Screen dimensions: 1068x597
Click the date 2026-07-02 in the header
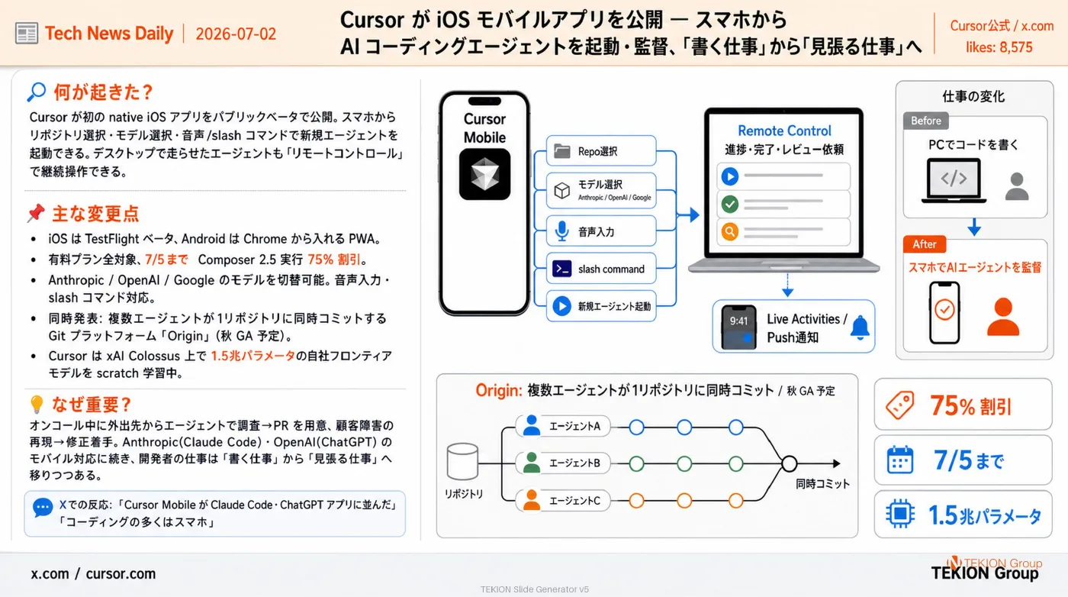236,34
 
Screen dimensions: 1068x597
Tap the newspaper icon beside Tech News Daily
26,34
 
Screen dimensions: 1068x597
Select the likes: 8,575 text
999,47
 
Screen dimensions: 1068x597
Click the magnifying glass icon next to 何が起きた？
37,92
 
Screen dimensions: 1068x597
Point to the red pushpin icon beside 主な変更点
37,213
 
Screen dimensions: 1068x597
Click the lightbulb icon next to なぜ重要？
37,405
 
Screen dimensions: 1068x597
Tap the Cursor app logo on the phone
484,174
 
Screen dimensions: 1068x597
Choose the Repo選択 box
601,151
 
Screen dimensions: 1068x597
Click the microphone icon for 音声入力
561,231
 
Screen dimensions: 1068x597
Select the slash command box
601,269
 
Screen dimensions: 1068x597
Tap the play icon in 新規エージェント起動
561,306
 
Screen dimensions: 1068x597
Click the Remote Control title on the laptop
784,131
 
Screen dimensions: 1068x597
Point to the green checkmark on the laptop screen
729,205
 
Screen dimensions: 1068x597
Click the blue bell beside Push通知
861,328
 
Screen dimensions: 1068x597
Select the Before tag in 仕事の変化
926,121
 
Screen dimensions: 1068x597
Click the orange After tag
925,244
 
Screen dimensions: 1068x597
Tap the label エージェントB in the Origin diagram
574,463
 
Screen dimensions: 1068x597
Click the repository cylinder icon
462,461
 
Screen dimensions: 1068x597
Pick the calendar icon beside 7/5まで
899,460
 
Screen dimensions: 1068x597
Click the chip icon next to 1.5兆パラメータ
899,514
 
